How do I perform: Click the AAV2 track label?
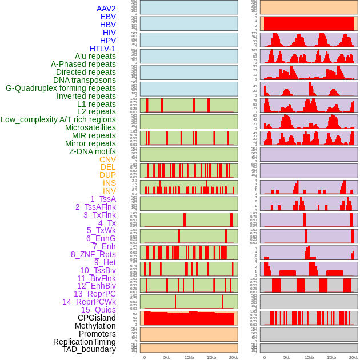(106, 9)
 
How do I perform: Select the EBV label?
(107, 17)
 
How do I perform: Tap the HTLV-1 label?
(102, 49)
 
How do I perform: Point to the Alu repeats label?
(95, 56)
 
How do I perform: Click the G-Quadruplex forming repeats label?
(61, 88)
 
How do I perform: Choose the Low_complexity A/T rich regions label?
(58, 119)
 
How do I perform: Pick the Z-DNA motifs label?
(92, 151)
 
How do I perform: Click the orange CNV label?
(107, 159)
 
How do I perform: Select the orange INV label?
(109, 191)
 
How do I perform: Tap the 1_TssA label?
(103, 199)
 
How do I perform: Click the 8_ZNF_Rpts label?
(93, 254)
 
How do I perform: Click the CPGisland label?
(97, 318)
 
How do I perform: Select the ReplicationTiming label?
(84, 342)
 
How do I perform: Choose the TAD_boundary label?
(89, 349)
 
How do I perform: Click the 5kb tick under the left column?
(167, 357)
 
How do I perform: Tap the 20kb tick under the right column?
(354, 357)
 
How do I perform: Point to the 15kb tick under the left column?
(211, 357)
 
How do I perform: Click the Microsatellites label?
(90, 127)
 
